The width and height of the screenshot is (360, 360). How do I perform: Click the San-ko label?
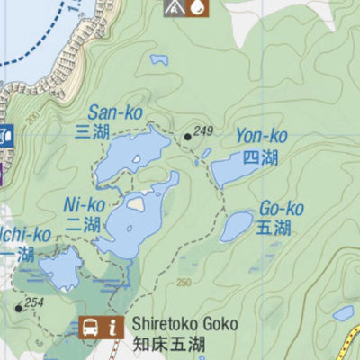click(x=115, y=112)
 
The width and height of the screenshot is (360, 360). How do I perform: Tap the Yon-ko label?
click(x=261, y=137)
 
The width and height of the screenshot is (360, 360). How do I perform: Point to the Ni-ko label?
click(x=86, y=204)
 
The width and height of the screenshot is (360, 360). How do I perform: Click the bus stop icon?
click(x=91, y=328)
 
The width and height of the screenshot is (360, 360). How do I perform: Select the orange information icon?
click(x=112, y=328)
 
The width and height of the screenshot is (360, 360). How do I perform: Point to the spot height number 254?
click(x=34, y=302)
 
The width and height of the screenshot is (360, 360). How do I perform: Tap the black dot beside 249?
click(x=187, y=137)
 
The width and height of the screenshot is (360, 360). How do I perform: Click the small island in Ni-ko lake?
click(x=135, y=203)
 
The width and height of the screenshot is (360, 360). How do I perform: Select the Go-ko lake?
click(x=237, y=225)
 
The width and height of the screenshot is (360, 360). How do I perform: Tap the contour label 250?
click(x=184, y=283)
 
